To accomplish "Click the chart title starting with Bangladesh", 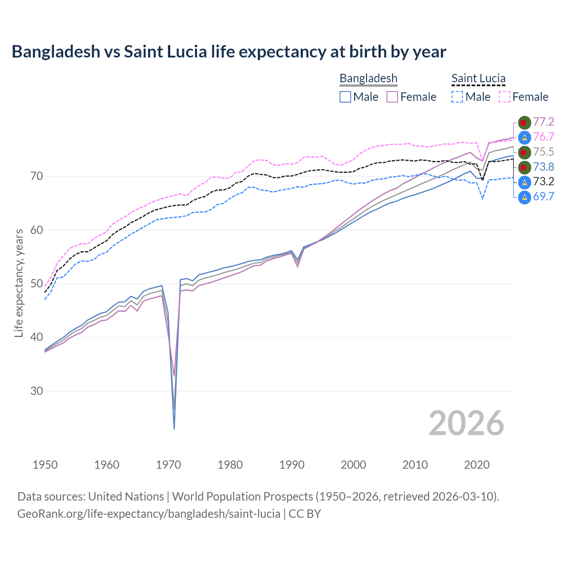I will click(229, 52).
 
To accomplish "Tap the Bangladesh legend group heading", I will click(368, 78).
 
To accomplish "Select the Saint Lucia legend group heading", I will click(478, 78).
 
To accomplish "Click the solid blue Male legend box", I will click(345, 97).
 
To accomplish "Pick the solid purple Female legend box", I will click(392, 97).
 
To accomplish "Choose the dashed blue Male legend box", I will click(457, 97).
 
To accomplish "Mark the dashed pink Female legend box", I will click(505, 97).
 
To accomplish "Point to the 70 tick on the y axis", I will click(37, 176).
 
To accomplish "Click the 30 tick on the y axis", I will click(37, 391).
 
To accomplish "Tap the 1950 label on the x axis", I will click(45, 465).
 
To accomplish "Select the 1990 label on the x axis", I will click(292, 465).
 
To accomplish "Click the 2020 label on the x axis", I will click(477, 465).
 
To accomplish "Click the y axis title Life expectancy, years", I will click(19, 283).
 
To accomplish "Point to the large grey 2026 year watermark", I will click(466, 423).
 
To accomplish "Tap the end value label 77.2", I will click(543, 122).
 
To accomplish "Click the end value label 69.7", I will click(543, 197).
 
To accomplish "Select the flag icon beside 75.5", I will click(524, 152).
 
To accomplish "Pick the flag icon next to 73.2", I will click(524, 182).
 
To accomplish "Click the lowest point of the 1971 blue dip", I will click(174, 428).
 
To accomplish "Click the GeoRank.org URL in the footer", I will click(149, 513).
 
